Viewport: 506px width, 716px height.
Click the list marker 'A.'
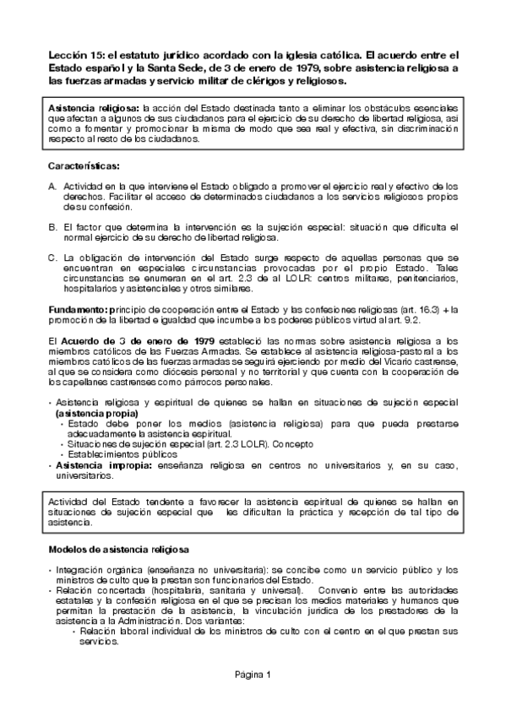tap(52, 186)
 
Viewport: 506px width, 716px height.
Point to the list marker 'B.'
tap(52, 227)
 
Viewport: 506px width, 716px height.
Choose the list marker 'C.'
tap(52, 257)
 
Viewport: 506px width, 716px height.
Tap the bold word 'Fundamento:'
tap(79, 310)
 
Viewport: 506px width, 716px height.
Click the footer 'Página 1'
tap(253, 675)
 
